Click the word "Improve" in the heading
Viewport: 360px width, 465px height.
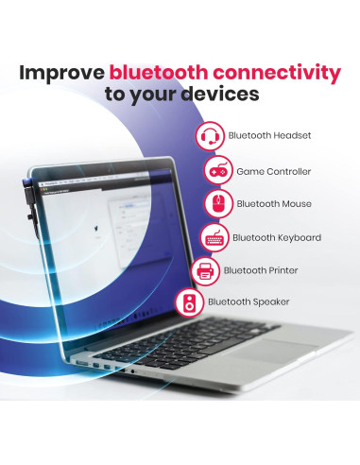coord(61,72)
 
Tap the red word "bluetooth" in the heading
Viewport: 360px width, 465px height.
coord(163,72)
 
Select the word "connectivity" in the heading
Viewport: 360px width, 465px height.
coord(280,72)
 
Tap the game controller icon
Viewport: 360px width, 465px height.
coord(219,171)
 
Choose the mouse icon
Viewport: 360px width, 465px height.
coord(218,204)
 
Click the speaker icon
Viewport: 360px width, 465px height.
coord(188,303)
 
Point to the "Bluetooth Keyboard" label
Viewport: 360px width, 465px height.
coord(277,237)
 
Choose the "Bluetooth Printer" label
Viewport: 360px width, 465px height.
coord(260,271)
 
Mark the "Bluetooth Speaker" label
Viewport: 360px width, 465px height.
coord(248,303)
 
